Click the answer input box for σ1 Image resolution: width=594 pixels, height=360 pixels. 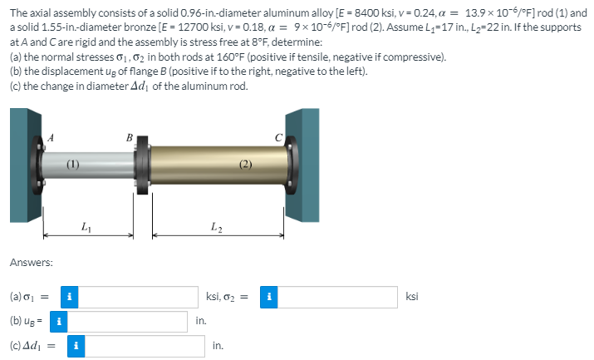[x=140, y=297]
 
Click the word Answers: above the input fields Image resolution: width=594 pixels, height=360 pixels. [x=32, y=263]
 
